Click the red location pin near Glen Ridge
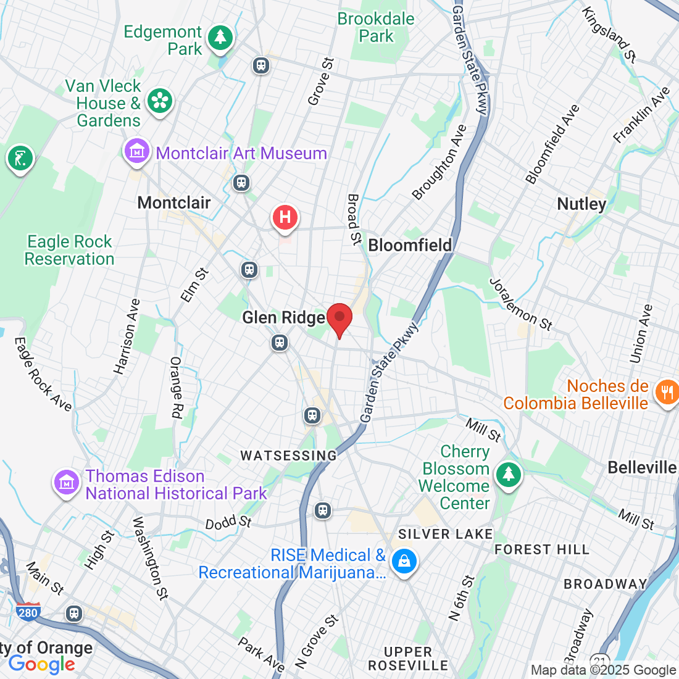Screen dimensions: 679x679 click(x=339, y=319)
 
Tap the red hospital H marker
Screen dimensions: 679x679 click(x=285, y=218)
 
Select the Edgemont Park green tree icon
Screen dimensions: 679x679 click(x=220, y=38)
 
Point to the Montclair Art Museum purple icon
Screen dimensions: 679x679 click(x=137, y=151)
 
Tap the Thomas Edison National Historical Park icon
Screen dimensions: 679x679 click(x=67, y=483)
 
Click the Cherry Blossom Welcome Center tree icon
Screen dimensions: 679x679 click(x=508, y=475)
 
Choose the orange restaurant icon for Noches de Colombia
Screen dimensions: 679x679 click(x=666, y=392)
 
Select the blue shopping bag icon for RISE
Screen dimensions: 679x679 click(x=404, y=561)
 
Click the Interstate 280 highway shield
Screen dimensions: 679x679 click(x=28, y=611)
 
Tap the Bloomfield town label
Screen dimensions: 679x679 click(x=410, y=245)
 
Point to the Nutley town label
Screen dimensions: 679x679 click(x=581, y=204)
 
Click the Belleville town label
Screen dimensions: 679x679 click(x=642, y=467)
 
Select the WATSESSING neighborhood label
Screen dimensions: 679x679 click(x=289, y=456)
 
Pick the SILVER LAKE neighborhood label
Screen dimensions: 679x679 click(x=445, y=534)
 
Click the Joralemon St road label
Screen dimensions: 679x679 click(x=520, y=304)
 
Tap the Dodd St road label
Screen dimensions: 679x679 click(x=228, y=522)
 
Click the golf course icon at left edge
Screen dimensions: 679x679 click(x=20, y=159)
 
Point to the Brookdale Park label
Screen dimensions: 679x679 click(x=376, y=27)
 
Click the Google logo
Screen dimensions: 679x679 click(x=41, y=664)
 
